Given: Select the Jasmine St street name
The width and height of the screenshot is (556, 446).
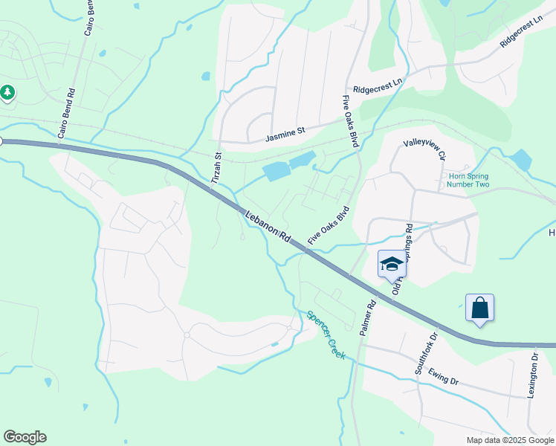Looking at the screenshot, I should click(285, 135).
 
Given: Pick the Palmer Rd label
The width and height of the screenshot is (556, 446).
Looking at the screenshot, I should click(368, 317).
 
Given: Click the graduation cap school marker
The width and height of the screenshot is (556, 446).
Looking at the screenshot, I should click(392, 265).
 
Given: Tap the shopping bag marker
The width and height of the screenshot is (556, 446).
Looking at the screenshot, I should click(479, 307).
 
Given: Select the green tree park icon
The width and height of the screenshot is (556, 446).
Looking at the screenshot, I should click(7, 93).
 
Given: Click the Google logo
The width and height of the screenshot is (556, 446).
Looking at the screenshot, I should click(25, 437).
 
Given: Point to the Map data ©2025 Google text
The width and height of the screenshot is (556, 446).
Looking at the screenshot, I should click(509, 440).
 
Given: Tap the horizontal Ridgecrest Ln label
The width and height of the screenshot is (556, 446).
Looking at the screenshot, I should click(377, 87).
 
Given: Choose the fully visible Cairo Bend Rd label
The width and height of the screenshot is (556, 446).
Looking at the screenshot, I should click(67, 114).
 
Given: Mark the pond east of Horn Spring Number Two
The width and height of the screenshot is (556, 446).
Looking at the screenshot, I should click(522, 160).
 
